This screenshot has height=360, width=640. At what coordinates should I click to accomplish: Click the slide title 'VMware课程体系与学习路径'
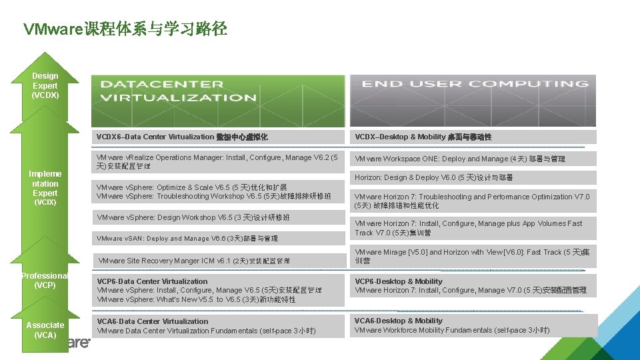[125, 29]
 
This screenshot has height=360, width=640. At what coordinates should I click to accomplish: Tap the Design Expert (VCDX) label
[45, 85]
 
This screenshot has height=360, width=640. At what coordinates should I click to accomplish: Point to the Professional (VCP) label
[45, 281]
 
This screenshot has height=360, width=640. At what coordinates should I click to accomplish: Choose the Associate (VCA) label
[45, 330]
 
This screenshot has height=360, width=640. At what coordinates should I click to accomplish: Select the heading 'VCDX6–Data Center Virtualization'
[182, 137]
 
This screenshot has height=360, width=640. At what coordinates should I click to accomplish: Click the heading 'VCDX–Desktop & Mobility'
[423, 137]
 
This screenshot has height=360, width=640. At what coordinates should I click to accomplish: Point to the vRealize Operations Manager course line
[217, 162]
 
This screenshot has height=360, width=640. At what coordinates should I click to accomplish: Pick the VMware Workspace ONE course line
[459, 159]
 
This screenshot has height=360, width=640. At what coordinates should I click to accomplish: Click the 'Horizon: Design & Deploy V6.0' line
[433, 177]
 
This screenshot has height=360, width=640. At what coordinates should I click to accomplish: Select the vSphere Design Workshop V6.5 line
[193, 218]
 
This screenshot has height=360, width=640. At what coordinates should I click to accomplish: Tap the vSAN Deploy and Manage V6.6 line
[187, 238]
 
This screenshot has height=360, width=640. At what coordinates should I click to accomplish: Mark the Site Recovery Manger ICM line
[194, 261]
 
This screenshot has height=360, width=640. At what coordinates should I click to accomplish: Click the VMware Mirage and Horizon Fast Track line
[472, 257]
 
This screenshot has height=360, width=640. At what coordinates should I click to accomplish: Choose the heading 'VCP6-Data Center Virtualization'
[153, 281]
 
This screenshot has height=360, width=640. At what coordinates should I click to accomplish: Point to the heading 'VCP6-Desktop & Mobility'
[399, 281]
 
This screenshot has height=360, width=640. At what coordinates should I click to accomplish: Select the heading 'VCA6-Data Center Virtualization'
[153, 321]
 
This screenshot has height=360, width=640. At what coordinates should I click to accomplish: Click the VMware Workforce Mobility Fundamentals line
[452, 330]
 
